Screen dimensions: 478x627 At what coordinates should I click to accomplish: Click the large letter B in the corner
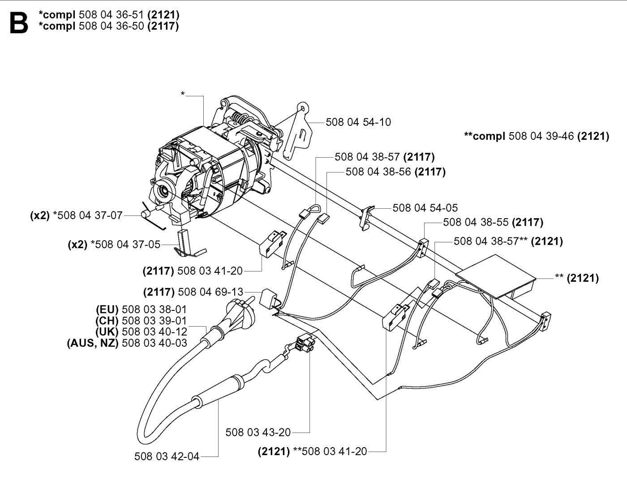18,22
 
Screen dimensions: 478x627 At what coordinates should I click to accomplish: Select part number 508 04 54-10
358,122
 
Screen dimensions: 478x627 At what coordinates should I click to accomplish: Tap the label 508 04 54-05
425,208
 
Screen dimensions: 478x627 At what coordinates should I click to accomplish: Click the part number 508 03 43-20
258,432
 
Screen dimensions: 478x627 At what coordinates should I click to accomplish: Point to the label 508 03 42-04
167,456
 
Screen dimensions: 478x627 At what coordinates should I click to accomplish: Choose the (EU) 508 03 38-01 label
141,310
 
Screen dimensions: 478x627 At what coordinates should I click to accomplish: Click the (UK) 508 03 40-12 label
141,332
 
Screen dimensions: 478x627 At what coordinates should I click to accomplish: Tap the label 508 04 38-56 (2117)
395,172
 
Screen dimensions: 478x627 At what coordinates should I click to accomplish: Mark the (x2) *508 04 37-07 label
76,215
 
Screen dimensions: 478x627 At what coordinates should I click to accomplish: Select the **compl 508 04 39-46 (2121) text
537,136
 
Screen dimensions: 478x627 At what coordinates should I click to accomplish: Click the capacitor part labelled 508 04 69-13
269,297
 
